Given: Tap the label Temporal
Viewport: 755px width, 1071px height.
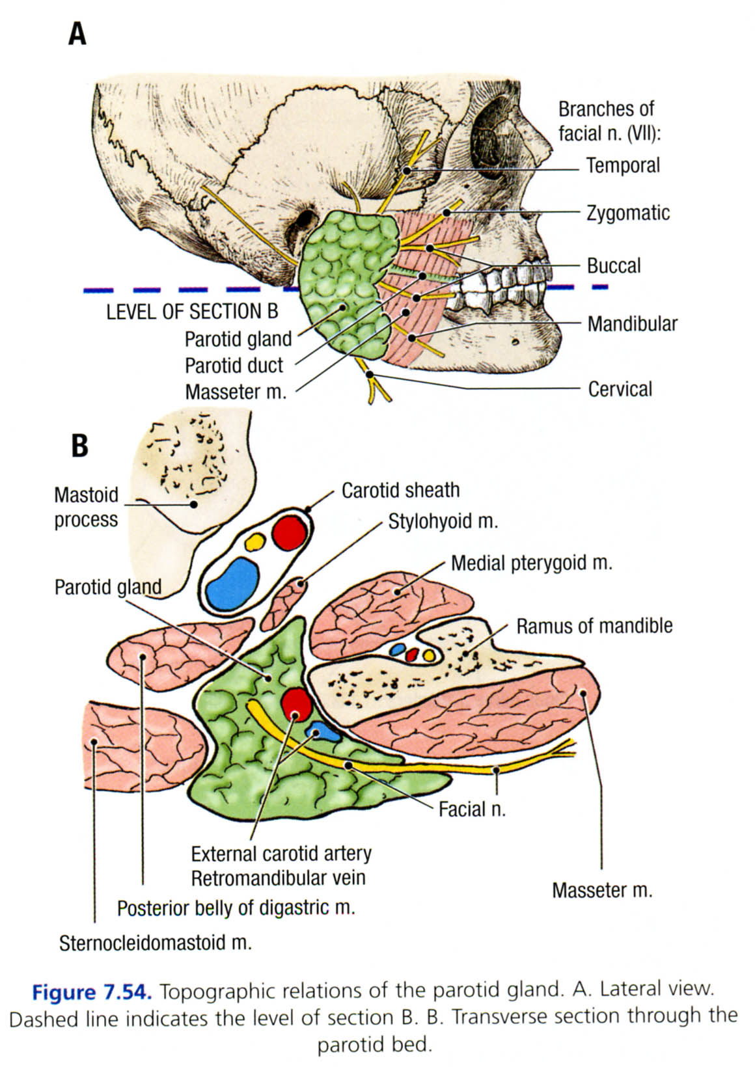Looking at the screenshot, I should [x=622, y=166].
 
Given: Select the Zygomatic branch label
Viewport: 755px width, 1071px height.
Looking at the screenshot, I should [x=627, y=213].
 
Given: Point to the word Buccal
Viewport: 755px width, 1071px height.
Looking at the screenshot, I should [x=613, y=266].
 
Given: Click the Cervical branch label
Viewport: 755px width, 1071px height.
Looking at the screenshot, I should [x=620, y=389].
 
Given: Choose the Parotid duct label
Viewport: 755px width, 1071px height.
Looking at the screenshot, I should [x=234, y=366].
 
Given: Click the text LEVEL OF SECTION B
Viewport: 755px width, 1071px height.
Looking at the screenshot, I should [x=192, y=312].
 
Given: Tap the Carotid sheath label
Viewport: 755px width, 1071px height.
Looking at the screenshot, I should [x=400, y=490].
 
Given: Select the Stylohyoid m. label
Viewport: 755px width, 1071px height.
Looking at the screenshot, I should [x=443, y=522].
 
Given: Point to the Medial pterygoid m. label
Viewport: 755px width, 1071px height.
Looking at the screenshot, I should [x=532, y=563].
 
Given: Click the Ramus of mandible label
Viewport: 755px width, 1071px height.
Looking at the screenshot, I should [x=594, y=626].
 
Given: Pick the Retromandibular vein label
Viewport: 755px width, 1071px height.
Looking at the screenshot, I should [x=278, y=878].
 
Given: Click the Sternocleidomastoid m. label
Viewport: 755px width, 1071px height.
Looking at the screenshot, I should [x=155, y=943].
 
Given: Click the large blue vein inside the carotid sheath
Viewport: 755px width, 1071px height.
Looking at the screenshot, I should [x=232, y=582].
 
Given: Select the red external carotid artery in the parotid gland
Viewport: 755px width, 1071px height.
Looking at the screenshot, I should [x=297, y=705].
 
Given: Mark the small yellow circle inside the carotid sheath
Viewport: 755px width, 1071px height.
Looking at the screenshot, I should [x=254, y=541].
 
